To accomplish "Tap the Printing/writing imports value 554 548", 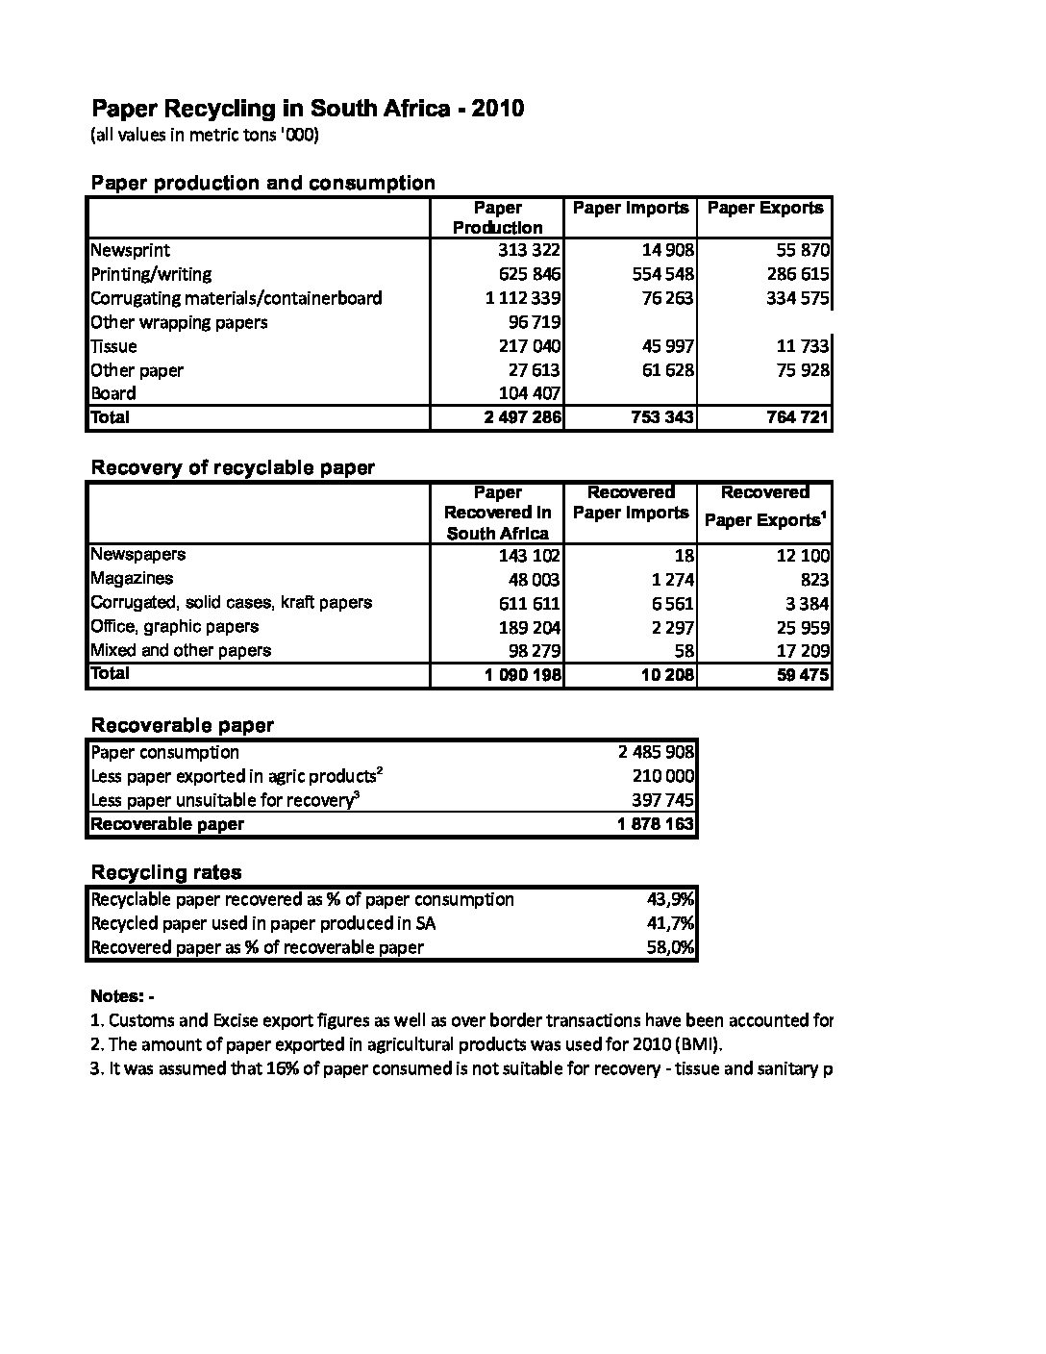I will point(662,274).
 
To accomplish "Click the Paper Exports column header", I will point(765,208).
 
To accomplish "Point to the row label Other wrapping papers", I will point(179,322).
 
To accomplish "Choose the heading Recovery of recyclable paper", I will point(232,467).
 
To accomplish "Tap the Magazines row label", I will point(132,578).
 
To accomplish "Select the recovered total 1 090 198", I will point(523,674).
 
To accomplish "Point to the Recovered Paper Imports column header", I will point(631,503).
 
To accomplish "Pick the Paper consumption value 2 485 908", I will point(656,752).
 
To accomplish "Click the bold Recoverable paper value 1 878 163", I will point(655,824).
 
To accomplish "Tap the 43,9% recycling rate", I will point(670,899).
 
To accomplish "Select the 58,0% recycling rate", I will point(670,947).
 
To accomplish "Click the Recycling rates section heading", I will point(165,872).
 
